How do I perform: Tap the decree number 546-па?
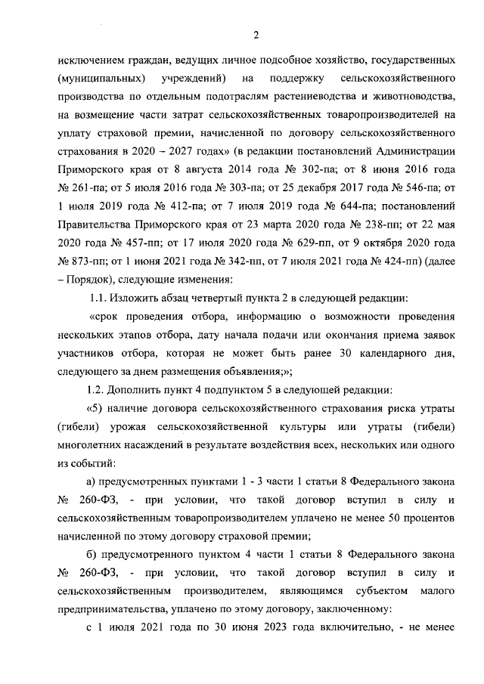point(411,187)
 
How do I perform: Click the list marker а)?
point(94,481)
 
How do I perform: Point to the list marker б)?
point(94,555)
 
